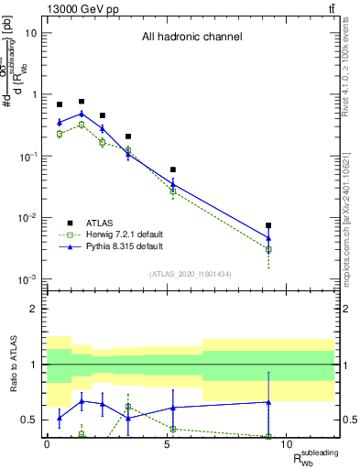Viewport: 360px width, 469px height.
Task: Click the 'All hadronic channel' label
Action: tap(191, 38)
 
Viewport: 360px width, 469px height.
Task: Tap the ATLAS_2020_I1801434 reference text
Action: tap(191, 274)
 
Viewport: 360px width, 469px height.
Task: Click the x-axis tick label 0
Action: tap(47, 445)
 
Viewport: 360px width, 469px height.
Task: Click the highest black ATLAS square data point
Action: tap(82, 102)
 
